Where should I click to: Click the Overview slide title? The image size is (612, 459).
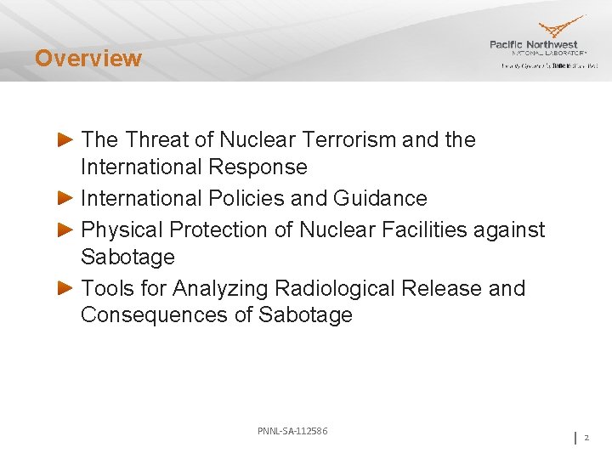[x=88, y=59]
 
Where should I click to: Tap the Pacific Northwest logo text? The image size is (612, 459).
[x=533, y=44]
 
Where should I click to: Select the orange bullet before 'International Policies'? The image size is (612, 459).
[x=65, y=198]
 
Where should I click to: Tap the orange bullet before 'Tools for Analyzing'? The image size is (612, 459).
[x=65, y=288]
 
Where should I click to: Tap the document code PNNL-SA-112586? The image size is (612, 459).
[x=292, y=431]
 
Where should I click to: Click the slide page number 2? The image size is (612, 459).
[x=586, y=438]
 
